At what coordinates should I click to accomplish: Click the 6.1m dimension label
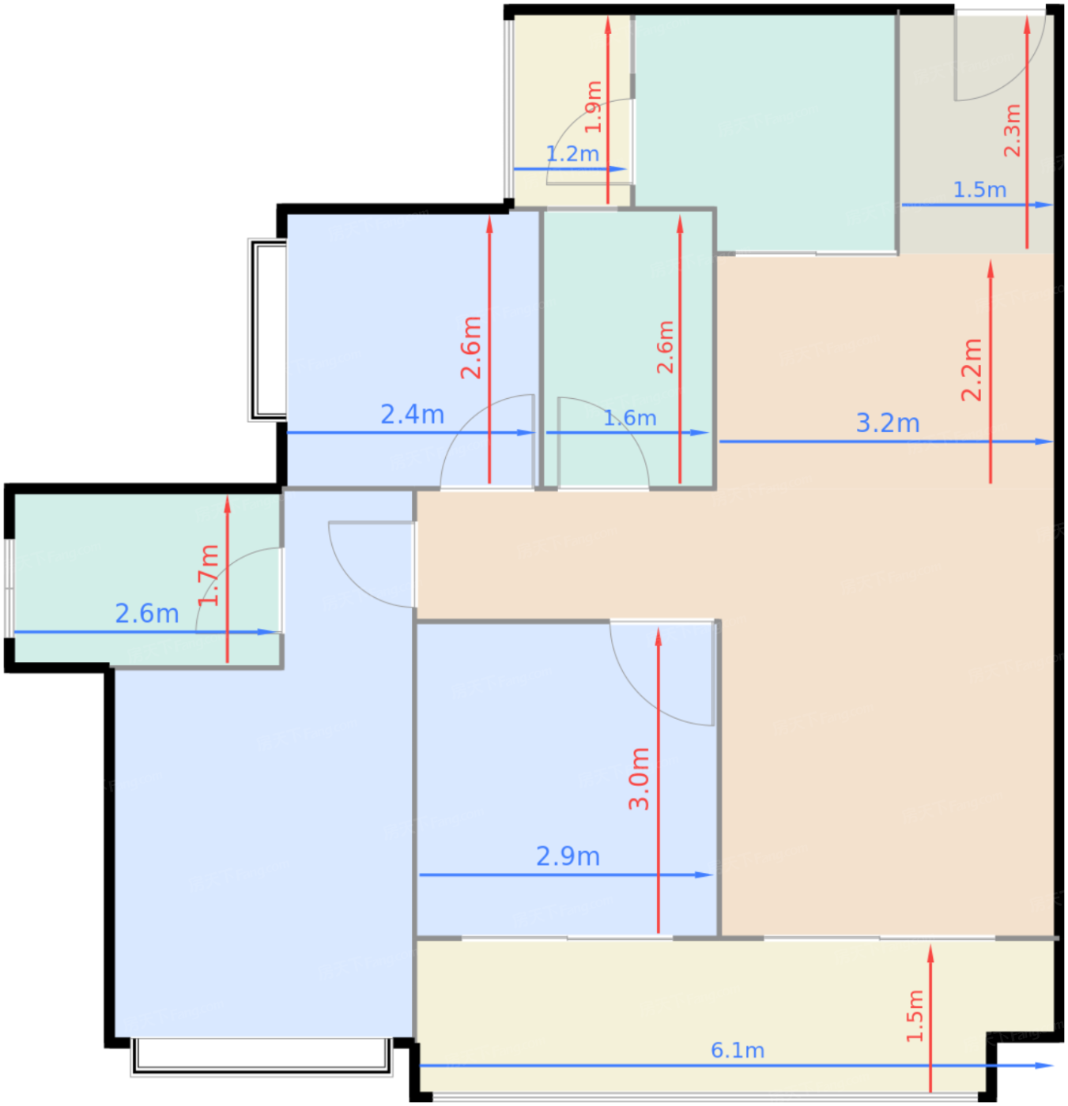737,1050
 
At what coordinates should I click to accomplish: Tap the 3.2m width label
887,423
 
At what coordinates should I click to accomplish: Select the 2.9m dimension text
568,856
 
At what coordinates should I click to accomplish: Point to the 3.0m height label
640,779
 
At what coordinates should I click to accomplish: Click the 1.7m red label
208,575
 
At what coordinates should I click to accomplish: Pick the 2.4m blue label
412,414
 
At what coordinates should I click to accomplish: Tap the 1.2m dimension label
572,153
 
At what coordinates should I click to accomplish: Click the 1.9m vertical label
593,107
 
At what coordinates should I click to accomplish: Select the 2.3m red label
1013,130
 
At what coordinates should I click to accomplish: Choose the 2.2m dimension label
972,370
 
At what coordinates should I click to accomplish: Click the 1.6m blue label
629,418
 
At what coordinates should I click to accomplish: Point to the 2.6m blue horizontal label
147,614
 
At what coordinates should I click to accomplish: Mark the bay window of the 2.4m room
267,330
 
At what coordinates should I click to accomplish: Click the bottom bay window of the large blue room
261,1056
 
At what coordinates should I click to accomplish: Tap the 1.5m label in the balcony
915,1016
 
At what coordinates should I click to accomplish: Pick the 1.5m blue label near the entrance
979,190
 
